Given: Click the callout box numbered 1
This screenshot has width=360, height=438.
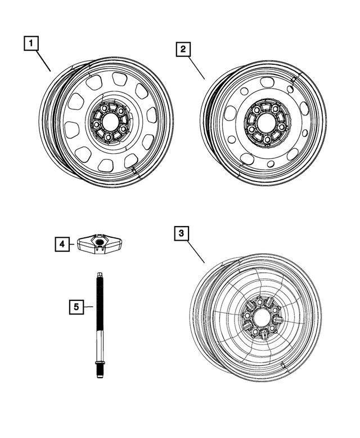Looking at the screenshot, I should [31, 43].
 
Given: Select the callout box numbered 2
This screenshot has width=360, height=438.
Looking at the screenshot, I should [182, 50].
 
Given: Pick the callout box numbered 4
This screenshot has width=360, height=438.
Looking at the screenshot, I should [63, 244].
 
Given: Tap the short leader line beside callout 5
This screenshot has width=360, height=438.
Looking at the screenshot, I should [88, 307].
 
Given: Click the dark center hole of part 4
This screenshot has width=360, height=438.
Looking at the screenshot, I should [100, 242].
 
